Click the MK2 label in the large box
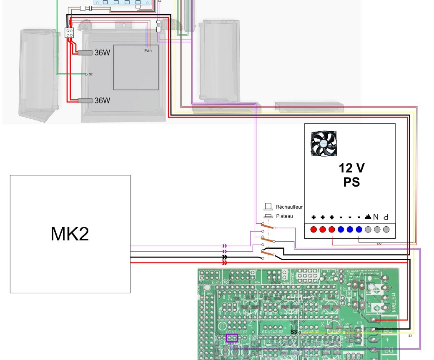[x=70, y=234]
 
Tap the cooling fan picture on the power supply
[x=324, y=144]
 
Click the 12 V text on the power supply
[x=351, y=168]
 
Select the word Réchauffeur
[x=289, y=207]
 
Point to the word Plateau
[x=284, y=216]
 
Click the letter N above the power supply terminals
[x=376, y=217]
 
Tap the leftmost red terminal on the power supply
[x=314, y=230]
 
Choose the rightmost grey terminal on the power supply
[x=386, y=230]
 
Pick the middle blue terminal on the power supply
[x=350, y=230]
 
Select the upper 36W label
[x=102, y=53]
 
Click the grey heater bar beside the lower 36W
[x=85, y=101]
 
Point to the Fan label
[x=148, y=51]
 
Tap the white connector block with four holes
[x=69, y=32]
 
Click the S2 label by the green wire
[x=90, y=74]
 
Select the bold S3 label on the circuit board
[x=294, y=332]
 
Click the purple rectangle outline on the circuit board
[x=231, y=338]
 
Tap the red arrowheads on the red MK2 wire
[x=225, y=263]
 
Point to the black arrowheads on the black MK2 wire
[x=225, y=257]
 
